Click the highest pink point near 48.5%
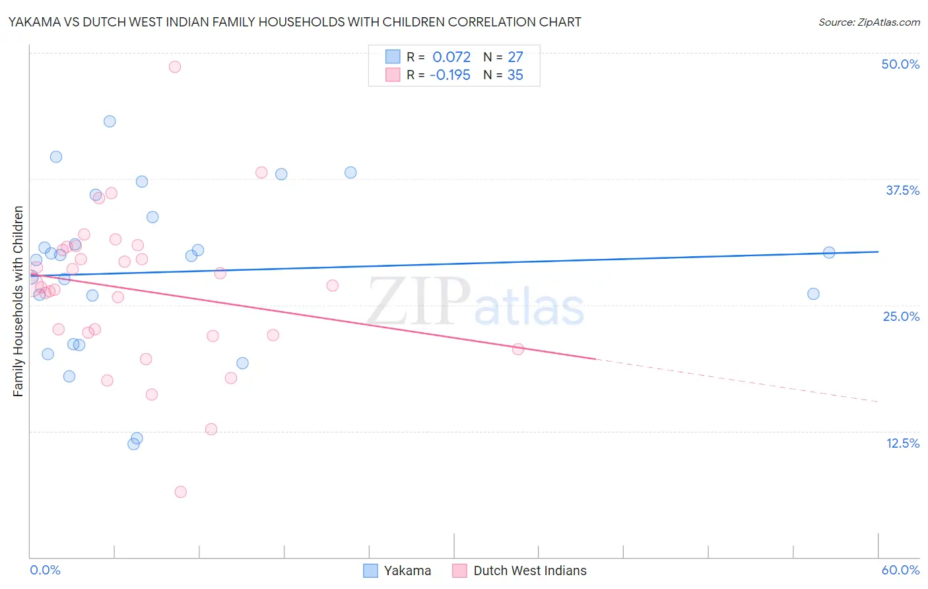coord(175,67)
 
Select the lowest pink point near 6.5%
coord(181,492)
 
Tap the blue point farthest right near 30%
coord(829,252)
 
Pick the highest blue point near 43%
coord(110,121)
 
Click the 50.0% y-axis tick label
coord(900,64)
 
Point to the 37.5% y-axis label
coord(902,190)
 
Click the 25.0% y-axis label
coord(901,316)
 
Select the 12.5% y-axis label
coord(902,443)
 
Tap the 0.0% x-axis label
coord(45,570)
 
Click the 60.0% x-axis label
coord(900,570)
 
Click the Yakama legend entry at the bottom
coord(398,571)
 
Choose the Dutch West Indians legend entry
coord(520,571)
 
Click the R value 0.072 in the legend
coord(451,57)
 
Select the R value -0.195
coord(449,75)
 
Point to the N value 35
coord(515,75)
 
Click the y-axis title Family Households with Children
coord(18,301)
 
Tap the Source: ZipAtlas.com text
coord(869,22)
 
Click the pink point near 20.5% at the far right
coord(518,349)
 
